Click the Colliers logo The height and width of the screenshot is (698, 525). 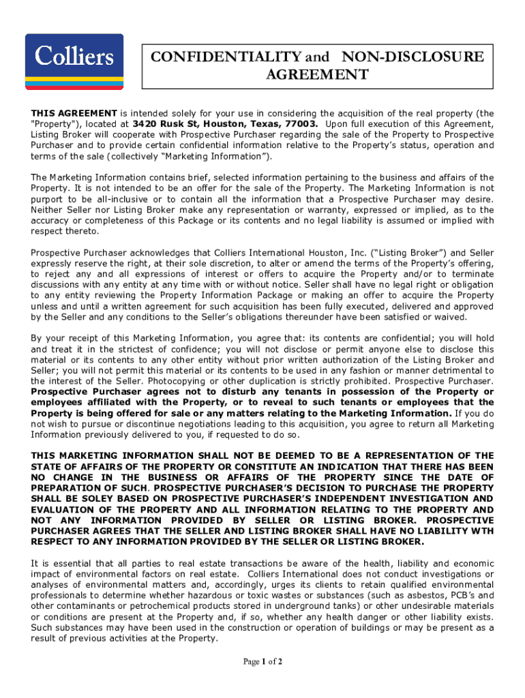(x=74, y=61)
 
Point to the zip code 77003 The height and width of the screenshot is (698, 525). (x=301, y=124)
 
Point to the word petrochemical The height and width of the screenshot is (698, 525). (x=164, y=606)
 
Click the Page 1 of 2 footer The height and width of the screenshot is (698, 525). (x=262, y=662)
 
